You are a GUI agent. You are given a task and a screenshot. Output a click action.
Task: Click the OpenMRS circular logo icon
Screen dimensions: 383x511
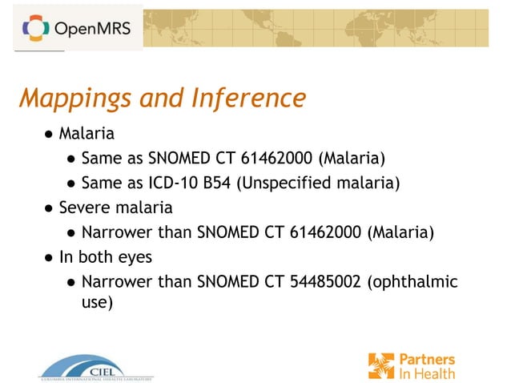click(35, 29)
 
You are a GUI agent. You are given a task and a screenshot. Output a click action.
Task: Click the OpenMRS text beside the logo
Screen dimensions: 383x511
click(92, 30)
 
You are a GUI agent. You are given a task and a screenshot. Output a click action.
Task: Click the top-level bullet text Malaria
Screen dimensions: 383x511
click(86, 133)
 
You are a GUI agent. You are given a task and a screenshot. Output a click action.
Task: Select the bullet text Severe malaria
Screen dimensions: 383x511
click(115, 208)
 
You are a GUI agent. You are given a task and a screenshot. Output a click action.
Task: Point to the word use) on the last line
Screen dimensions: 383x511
click(98, 303)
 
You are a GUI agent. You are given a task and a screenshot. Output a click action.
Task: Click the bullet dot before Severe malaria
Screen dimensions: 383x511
click(49, 208)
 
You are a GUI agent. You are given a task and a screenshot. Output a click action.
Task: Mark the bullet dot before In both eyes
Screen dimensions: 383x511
click(49, 258)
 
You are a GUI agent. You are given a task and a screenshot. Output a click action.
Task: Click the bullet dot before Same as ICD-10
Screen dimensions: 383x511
click(72, 183)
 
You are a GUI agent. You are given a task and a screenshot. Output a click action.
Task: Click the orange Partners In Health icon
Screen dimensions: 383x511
click(381, 365)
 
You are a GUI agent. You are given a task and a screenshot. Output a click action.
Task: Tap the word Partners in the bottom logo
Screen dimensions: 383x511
click(429, 359)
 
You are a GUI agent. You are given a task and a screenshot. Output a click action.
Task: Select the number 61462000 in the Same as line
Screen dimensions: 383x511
click(272, 158)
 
